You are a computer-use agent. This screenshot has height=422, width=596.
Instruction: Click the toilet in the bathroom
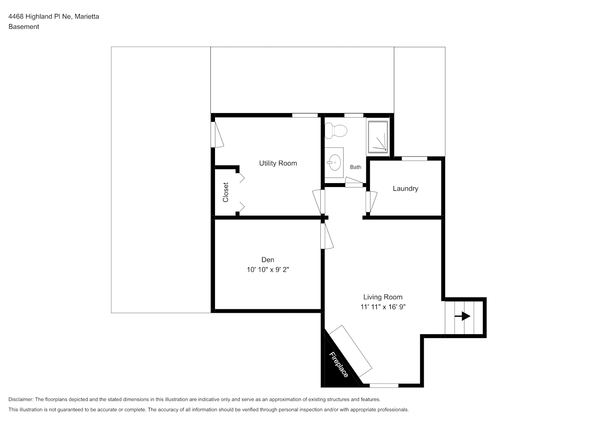336,130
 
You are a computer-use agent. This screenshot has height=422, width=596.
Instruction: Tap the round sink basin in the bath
334,162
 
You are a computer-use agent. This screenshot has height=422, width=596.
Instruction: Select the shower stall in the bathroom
378,137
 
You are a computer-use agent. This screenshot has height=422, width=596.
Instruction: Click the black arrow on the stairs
462,316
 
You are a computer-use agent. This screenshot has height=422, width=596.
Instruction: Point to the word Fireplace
339,365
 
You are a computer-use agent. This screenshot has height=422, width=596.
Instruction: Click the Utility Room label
278,163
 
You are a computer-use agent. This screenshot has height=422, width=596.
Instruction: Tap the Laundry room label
405,189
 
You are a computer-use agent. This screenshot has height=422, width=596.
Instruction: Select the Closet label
226,192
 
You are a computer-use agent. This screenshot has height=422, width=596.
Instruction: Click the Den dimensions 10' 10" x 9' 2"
268,270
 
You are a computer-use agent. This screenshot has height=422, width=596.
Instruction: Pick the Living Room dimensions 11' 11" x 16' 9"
383,307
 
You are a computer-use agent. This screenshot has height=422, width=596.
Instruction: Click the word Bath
356,167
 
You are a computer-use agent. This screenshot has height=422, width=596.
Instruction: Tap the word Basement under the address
24,27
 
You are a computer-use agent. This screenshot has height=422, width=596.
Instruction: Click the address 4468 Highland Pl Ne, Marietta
54,16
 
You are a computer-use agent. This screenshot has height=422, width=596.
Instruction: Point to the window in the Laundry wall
414,159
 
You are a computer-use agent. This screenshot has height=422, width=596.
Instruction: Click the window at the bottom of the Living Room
384,385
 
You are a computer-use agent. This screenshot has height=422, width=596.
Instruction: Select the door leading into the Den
327,236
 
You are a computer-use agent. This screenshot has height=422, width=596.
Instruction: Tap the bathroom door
354,182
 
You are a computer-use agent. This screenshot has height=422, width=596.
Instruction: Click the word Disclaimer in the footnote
21,399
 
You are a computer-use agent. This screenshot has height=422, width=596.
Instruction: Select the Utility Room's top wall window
305,115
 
